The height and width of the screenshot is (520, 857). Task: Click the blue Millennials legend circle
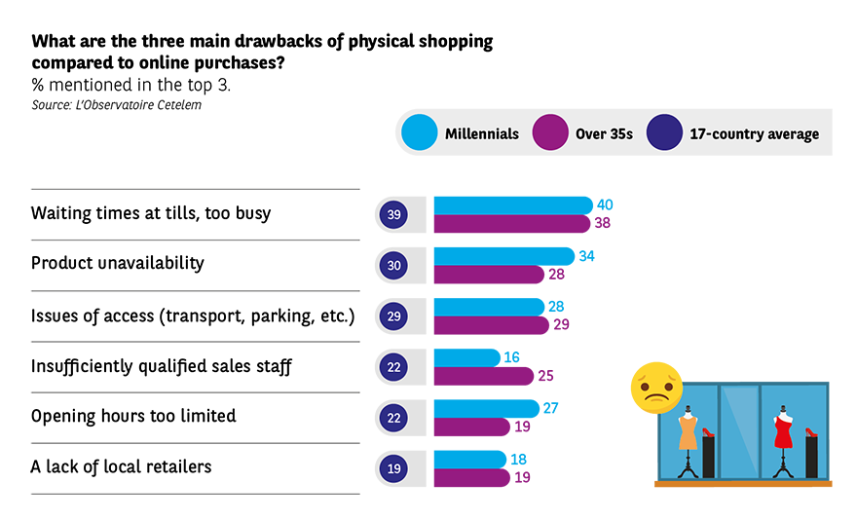(418, 133)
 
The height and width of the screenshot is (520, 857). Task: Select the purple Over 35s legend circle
(550, 133)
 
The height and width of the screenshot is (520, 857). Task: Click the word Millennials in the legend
(481, 133)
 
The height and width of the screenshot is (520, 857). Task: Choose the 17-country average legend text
(753, 133)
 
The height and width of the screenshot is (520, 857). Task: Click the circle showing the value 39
(393, 214)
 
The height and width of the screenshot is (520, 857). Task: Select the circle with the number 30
(393, 265)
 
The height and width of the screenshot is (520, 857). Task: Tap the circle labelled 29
(393, 316)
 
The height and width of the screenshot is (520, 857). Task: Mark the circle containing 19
(393, 468)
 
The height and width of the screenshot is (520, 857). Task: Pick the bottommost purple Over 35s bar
(506, 478)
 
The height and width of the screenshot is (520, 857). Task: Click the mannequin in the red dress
(781, 433)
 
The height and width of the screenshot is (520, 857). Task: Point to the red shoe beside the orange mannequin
(708, 433)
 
